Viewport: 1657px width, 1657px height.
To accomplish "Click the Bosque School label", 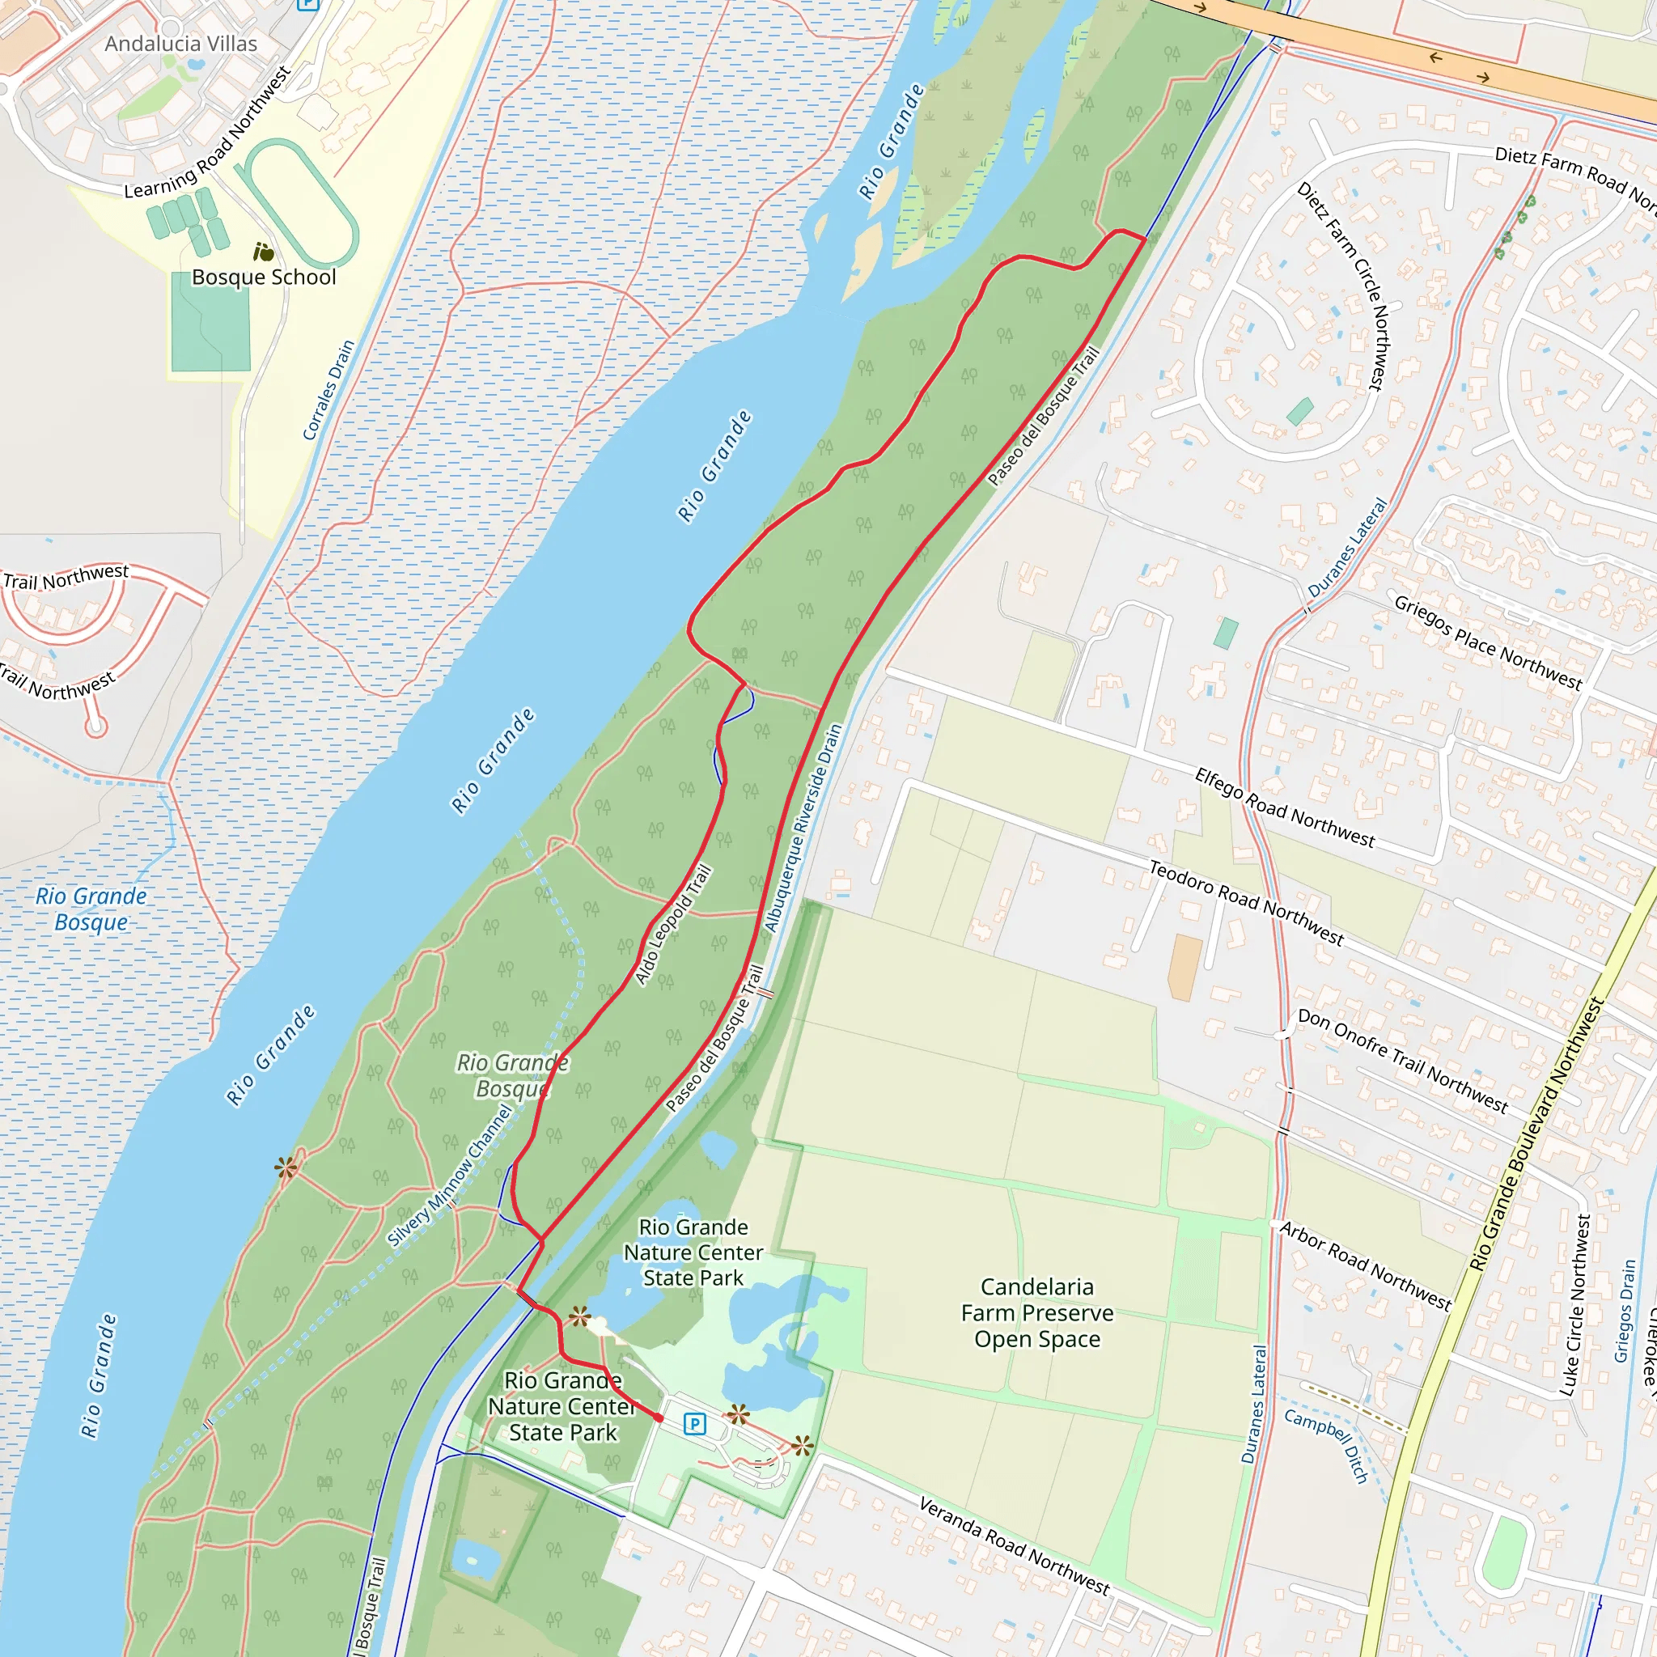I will (x=263, y=277).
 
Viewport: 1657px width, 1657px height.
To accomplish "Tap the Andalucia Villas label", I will (x=181, y=44).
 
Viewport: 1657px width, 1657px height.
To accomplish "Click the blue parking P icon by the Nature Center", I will (x=695, y=1425).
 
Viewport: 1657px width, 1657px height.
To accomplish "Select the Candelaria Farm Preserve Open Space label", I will (x=1037, y=1313).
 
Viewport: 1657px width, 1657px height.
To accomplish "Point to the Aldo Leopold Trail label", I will (x=673, y=926).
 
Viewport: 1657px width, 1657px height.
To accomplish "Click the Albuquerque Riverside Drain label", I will (x=803, y=828).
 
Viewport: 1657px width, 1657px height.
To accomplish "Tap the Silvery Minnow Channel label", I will (x=449, y=1176).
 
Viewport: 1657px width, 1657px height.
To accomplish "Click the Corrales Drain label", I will (x=328, y=390).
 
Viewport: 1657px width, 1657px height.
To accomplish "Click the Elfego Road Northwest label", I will (x=1284, y=809).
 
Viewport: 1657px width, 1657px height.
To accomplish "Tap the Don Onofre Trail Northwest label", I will (x=1402, y=1061).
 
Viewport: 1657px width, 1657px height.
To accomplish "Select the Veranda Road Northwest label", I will (x=1014, y=1546).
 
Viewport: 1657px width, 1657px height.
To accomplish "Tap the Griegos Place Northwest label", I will (x=1487, y=642).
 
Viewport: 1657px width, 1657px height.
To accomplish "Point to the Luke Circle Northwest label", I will (x=1574, y=1305).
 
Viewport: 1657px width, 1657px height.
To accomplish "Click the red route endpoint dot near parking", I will (x=659, y=1418).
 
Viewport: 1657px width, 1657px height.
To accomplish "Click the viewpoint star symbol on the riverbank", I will (x=286, y=1168).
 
